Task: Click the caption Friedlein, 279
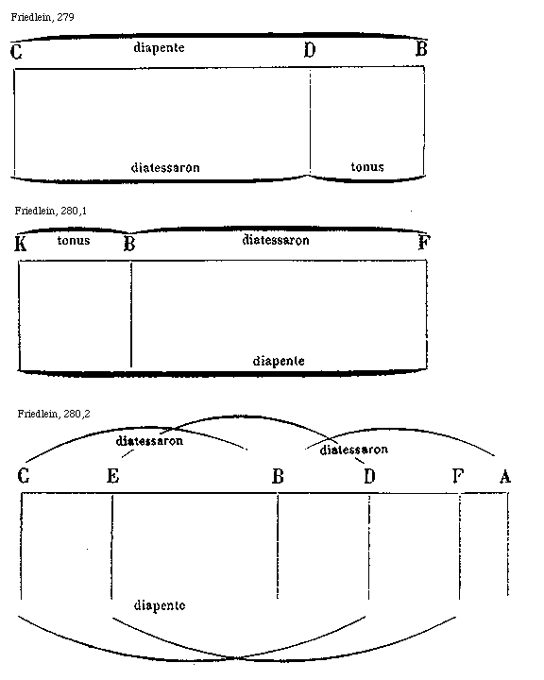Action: point(42,17)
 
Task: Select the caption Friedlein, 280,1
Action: point(51,211)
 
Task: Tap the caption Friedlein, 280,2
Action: point(54,414)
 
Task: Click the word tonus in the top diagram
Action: point(367,167)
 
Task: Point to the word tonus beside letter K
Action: point(74,240)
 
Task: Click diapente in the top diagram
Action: point(160,47)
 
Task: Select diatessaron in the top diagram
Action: point(165,167)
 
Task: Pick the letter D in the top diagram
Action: point(310,50)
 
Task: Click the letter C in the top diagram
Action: point(16,52)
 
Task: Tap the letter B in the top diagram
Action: point(421,48)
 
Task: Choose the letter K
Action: point(21,244)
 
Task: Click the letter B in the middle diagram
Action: point(129,244)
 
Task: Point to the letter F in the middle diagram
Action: point(424,242)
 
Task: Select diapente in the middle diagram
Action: point(279,361)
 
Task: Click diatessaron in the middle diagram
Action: point(276,240)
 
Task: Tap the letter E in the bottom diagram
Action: point(112,476)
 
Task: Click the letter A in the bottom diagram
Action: point(505,477)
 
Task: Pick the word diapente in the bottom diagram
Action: point(160,605)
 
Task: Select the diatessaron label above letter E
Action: point(149,441)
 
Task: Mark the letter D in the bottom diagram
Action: point(369,476)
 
